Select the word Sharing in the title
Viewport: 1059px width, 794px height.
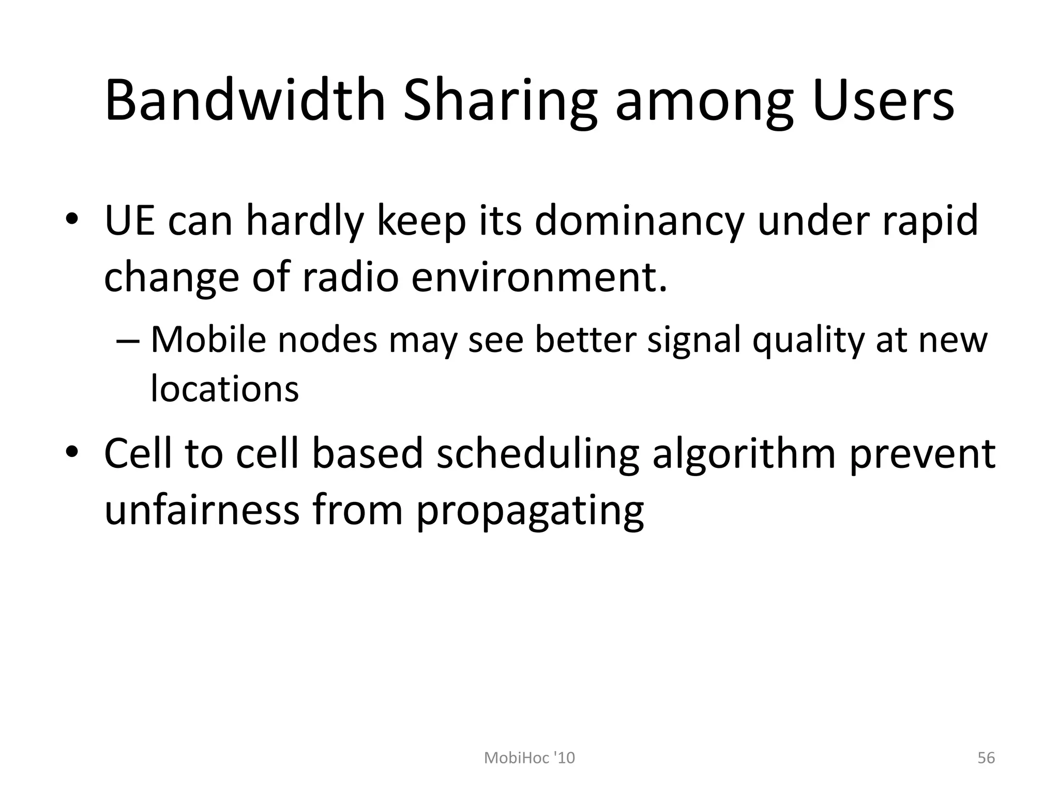[500, 101]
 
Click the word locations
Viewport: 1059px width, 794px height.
[224, 388]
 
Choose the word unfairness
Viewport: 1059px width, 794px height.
[202, 510]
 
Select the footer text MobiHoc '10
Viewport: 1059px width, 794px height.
[529, 758]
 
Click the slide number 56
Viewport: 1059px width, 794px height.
[986, 758]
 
